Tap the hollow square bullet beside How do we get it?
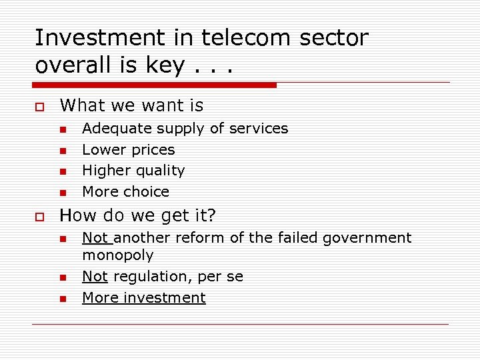pos(39,216)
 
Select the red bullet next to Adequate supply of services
pos(63,129)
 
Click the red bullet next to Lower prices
pos(63,151)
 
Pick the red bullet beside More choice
pos(63,193)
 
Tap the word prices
pos(153,150)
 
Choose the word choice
pos(147,192)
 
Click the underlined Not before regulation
pos(95,276)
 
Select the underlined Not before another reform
pos(95,238)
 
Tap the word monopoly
pos(118,255)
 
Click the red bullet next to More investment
pos(63,299)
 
